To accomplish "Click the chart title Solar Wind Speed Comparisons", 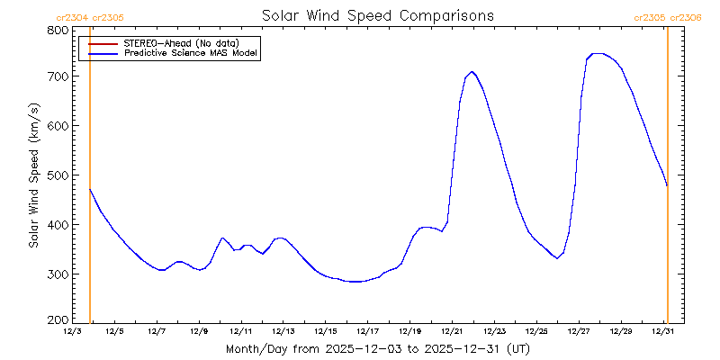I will point(377,16).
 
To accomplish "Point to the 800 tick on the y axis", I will point(58,30).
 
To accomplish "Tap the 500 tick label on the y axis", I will point(58,175).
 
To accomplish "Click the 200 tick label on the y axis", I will point(58,320).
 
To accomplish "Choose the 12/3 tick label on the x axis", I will point(72,332).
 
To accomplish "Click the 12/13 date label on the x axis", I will point(283,332).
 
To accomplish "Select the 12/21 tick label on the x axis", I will point(452,332).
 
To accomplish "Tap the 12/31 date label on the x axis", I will point(663,332).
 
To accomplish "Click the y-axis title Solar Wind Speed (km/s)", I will point(33,175).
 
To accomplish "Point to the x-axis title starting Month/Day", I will point(377,348).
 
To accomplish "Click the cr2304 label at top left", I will point(71,17).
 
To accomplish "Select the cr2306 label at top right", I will point(685,17).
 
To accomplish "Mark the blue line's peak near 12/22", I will point(472,72).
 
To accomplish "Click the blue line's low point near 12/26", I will point(558,258).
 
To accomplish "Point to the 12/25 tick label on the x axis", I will point(536,332).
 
